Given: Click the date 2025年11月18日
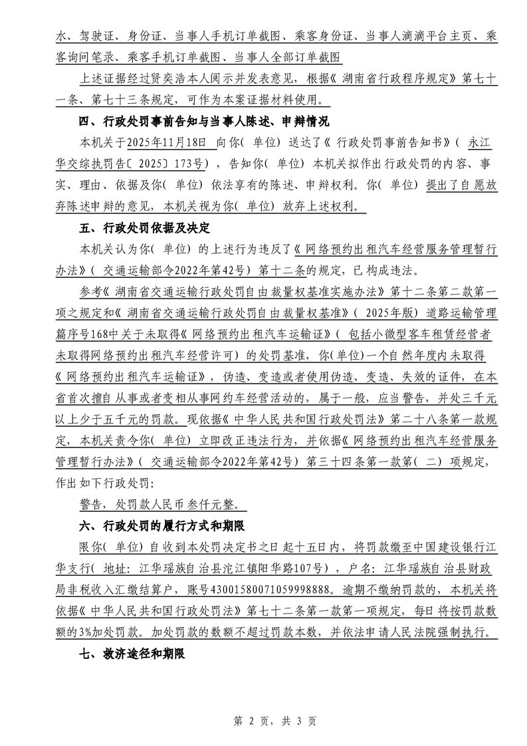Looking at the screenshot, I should [167, 143].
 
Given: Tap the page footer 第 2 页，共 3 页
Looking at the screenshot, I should [263, 721].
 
